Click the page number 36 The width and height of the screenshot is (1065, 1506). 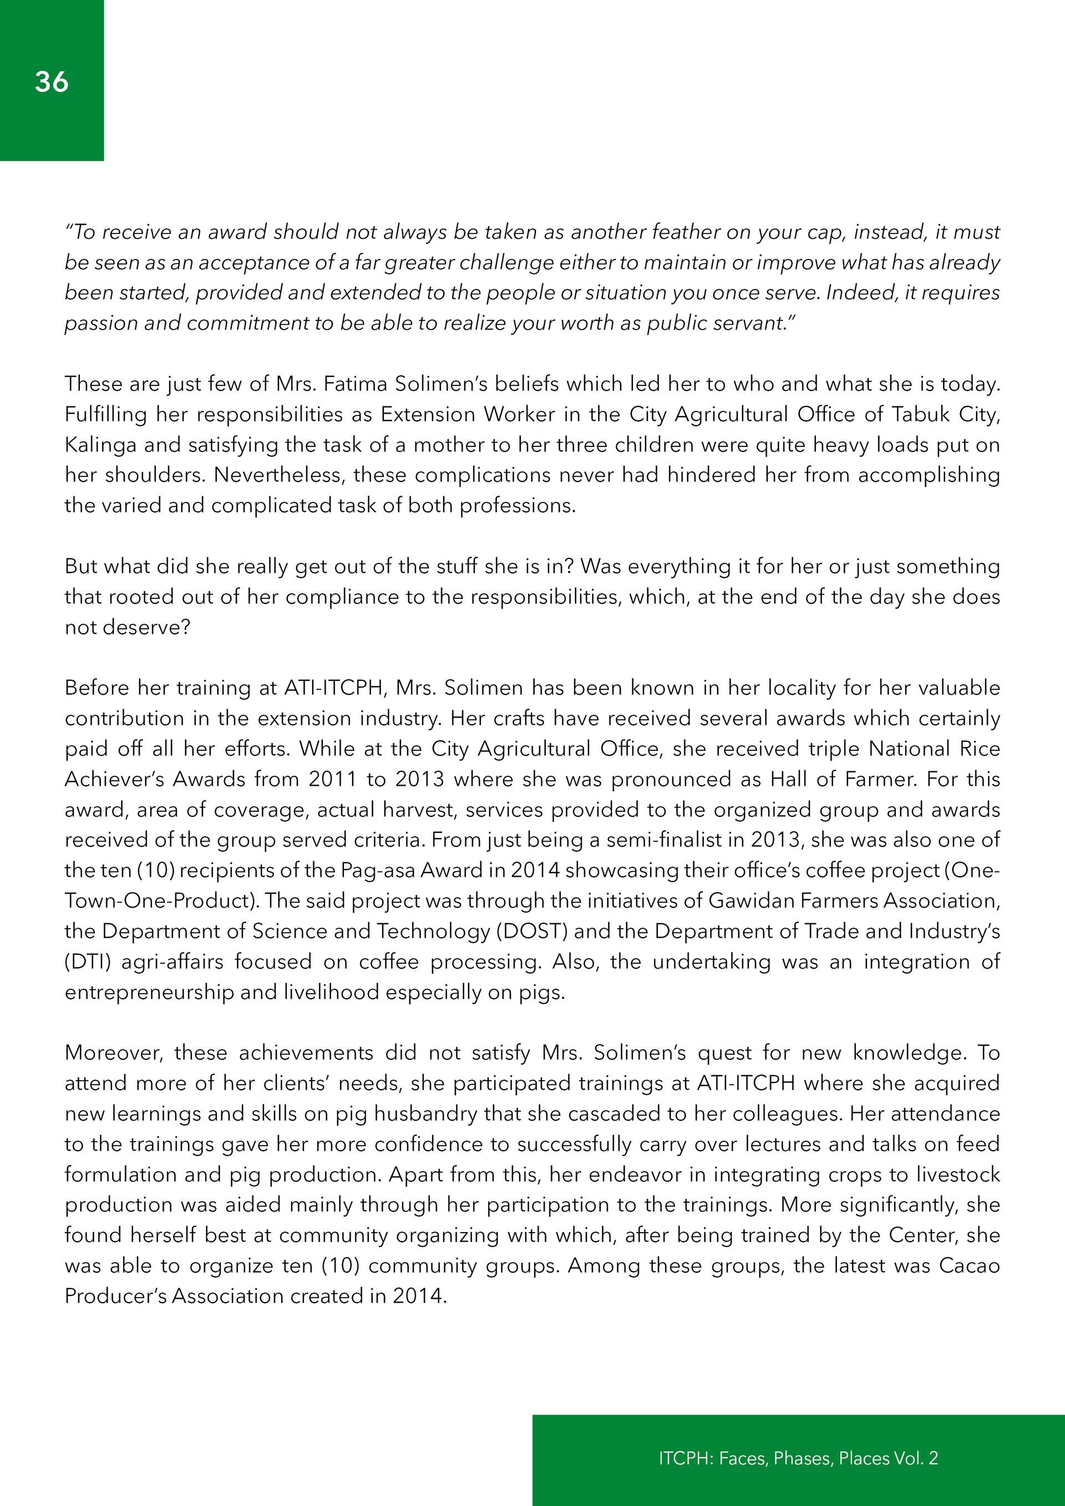(x=51, y=82)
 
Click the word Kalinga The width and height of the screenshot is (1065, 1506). (x=100, y=445)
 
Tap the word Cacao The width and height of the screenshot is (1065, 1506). (x=969, y=1265)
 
